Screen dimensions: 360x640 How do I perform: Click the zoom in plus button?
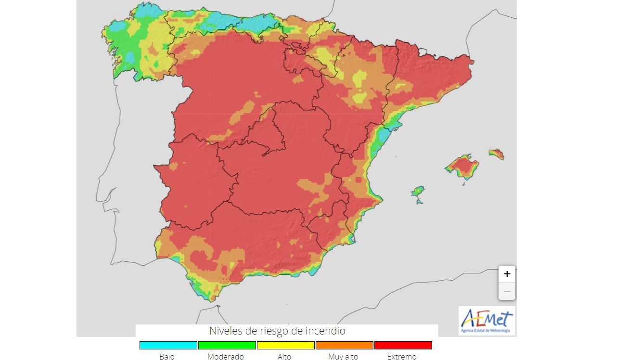[507, 274]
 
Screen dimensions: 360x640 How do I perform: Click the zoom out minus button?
[507, 292]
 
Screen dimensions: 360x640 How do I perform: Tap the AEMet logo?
[486, 321]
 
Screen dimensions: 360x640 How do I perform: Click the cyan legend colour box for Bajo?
[168, 345]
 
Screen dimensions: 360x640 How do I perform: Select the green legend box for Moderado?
[227, 345]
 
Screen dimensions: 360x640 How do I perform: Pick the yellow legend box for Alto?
[285, 345]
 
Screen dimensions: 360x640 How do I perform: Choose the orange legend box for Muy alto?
[344, 345]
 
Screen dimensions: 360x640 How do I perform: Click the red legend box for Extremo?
[403, 345]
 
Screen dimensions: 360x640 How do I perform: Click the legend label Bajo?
[167, 357]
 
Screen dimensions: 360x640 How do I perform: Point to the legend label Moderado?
[226, 357]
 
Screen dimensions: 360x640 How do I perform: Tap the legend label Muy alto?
[343, 357]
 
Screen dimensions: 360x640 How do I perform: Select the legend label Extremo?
[402, 357]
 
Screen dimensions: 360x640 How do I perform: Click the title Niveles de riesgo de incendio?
[277, 331]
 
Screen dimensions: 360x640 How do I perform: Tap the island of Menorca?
[497, 154]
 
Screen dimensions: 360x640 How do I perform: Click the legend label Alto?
[284, 357]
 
